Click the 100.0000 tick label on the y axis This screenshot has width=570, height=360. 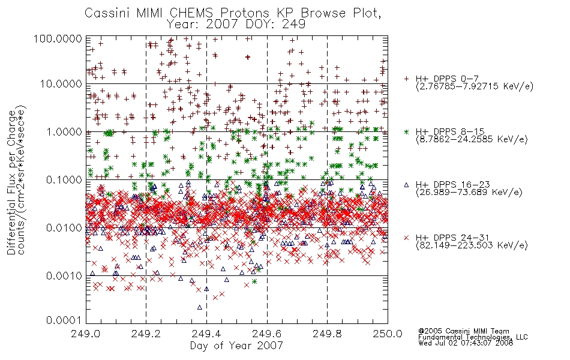(58, 38)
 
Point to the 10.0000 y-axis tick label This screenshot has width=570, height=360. (61, 84)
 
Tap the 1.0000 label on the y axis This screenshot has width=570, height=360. (64, 131)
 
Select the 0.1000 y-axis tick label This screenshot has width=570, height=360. (64, 179)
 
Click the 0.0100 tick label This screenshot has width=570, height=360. (64, 228)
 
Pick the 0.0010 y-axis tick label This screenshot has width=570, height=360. (64, 276)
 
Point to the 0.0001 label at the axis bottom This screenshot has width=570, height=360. (64, 320)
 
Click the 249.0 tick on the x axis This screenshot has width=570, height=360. (86, 334)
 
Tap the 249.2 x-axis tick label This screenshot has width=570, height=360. (146, 334)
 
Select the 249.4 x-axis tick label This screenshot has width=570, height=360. (207, 334)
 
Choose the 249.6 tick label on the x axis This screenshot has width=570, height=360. (267, 334)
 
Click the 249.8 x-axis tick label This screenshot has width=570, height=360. (328, 334)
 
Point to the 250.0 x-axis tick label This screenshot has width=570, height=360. (388, 334)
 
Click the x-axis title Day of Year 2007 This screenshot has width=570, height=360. (236, 346)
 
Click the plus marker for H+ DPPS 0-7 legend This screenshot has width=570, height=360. (406, 79)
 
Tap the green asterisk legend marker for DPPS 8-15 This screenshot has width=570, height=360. (406, 131)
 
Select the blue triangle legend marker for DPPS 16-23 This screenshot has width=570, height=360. (406, 185)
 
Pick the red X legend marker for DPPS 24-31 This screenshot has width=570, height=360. (406, 238)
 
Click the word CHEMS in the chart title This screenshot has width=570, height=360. (191, 13)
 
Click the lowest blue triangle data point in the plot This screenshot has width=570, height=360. (200, 307)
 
